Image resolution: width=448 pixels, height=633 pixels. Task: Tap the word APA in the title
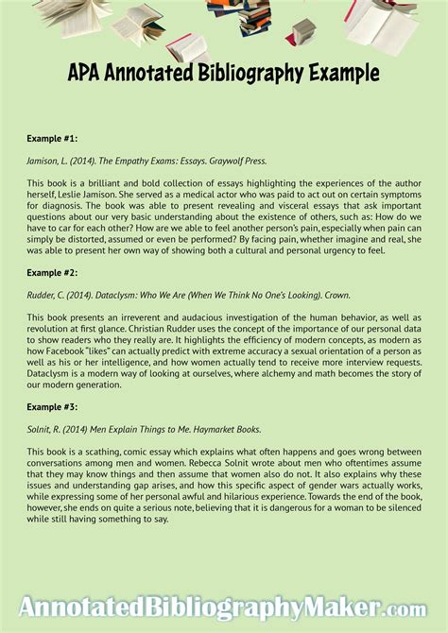point(86,73)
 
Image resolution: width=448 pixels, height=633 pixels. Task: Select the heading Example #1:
point(53,138)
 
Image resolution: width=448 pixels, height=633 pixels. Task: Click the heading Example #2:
point(53,272)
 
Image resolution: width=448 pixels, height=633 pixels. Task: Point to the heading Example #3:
point(53,406)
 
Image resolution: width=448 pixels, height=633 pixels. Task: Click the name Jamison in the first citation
point(44,160)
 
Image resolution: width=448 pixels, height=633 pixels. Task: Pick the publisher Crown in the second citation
point(336,294)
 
